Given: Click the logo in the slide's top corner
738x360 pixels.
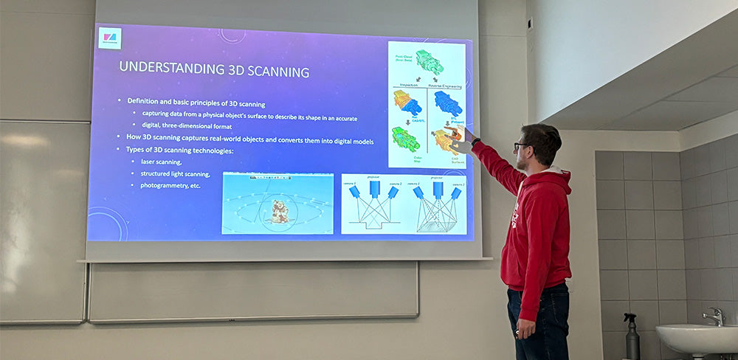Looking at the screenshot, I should (x=109, y=38).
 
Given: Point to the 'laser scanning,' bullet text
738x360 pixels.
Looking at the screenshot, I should (x=161, y=162).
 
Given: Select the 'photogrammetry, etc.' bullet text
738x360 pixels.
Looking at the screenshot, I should (x=170, y=185).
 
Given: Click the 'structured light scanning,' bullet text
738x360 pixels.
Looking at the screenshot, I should (x=175, y=174).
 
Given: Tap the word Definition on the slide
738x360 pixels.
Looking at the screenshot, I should (x=145, y=101).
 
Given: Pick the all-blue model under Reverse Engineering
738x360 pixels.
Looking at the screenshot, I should (x=448, y=103).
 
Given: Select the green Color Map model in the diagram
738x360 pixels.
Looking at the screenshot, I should (x=405, y=139).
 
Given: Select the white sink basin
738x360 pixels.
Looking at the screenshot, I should (x=697, y=338).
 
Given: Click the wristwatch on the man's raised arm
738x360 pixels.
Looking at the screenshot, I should (x=476, y=142).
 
